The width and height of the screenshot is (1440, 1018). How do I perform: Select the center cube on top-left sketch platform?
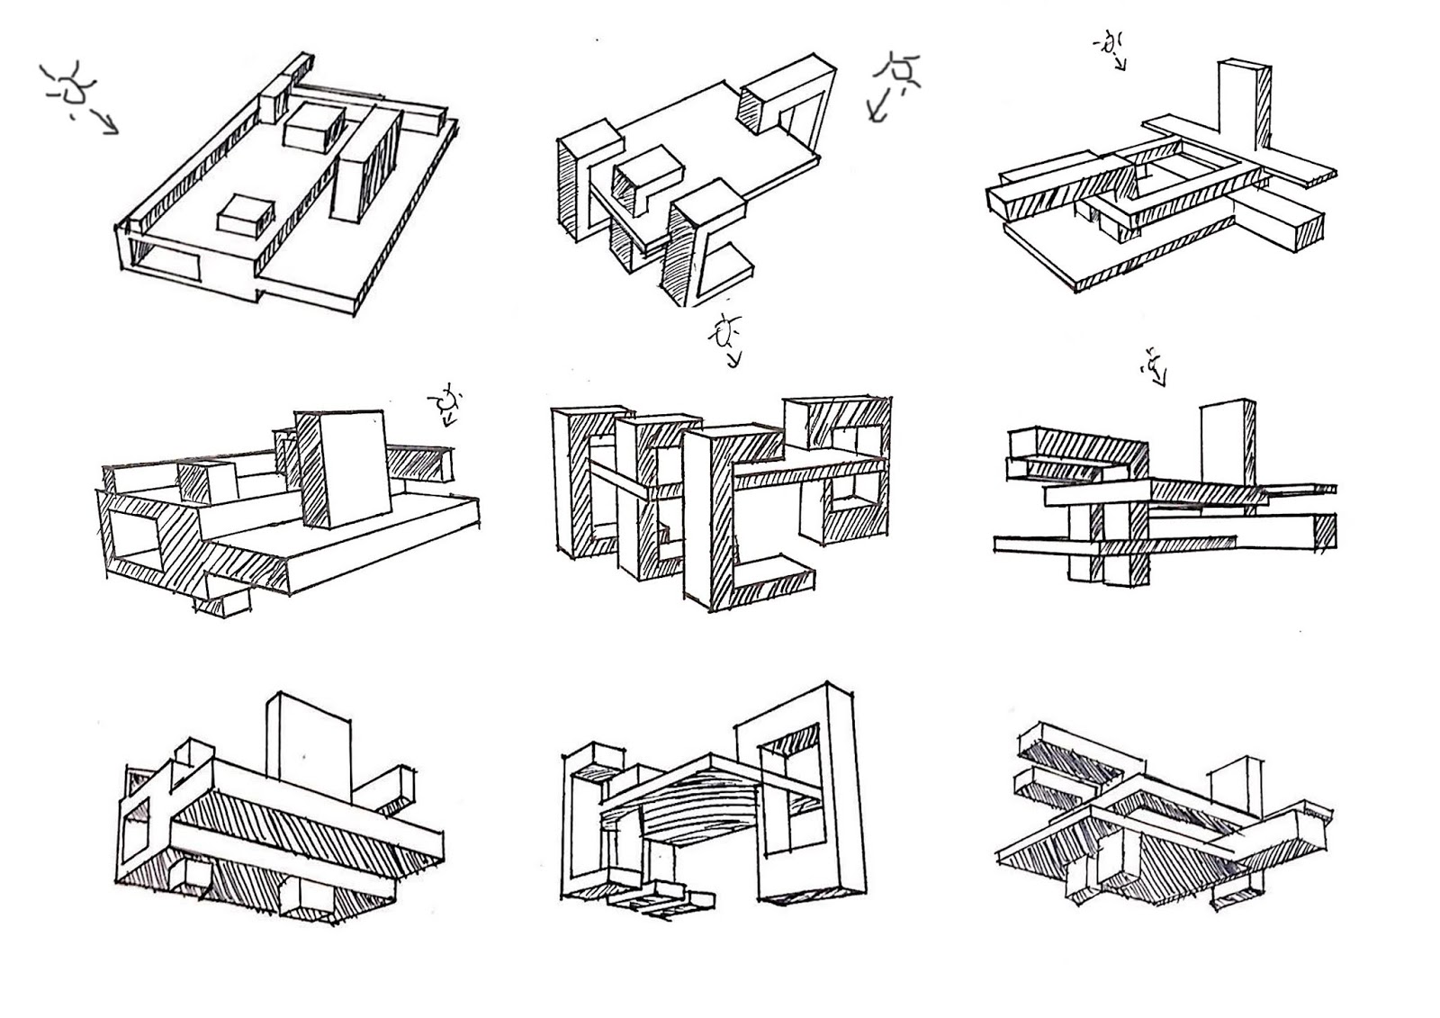tap(315, 126)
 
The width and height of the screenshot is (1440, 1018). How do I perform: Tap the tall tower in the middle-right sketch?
tap(1226, 446)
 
